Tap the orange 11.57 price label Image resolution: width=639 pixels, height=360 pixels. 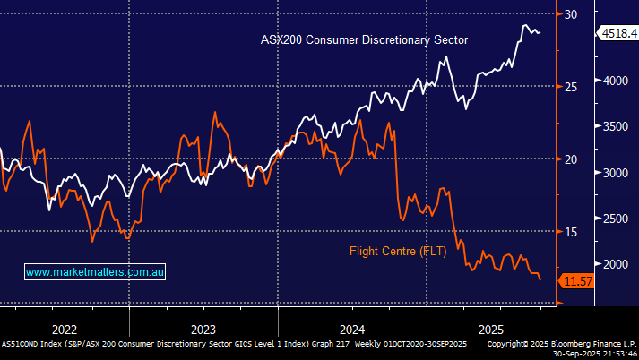pos(576,282)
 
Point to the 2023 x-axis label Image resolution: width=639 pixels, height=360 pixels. pos(203,328)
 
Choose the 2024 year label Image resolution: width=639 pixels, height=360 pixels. pos(352,328)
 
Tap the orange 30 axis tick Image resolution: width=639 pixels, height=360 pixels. pos(571,13)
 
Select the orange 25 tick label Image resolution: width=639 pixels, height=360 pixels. pos(571,86)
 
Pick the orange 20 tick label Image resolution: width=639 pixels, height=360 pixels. pos(571,159)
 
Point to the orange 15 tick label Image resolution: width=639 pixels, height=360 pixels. pos(571,232)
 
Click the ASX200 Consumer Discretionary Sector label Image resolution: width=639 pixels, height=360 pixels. pos(364,39)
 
